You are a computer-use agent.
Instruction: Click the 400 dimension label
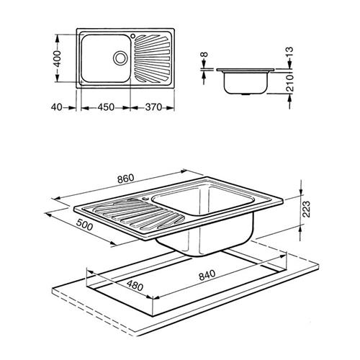click(x=57, y=58)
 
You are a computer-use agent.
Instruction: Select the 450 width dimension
click(x=106, y=107)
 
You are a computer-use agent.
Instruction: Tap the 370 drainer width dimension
click(x=153, y=107)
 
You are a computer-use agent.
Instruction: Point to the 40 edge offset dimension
click(x=57, y=107)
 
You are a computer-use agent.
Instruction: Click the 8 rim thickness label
click(x=204, y=55)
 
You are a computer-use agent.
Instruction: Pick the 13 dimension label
click(x=289, y=53)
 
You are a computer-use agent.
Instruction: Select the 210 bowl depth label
click(x=290, y=83)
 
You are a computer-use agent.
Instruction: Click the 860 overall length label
click(x=125, y=179)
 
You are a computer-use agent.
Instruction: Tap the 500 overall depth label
click(x=84, y=225)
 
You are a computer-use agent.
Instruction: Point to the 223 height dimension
click(x=306, y=209)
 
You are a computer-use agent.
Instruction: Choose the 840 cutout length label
click(x=207, y=275)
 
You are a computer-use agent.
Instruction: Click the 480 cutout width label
click(x=135, y=286)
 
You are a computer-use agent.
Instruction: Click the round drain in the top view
click(x=120, y=58)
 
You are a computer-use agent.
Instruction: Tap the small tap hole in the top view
click(x=132, y=36)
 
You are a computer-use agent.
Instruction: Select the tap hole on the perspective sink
click(x=145, y=199)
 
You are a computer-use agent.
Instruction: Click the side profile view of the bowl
click(x=246, y=81)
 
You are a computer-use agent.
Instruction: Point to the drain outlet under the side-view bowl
click(x=246, y=94)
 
